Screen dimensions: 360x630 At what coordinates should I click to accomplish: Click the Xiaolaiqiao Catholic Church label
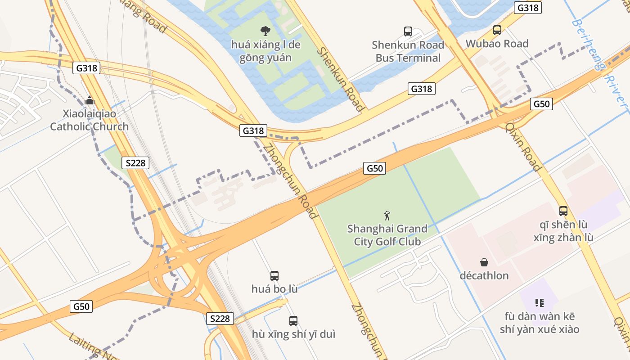89,120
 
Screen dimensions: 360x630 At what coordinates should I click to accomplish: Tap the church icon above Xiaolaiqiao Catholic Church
90,100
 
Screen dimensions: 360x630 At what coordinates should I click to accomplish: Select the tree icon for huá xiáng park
265,31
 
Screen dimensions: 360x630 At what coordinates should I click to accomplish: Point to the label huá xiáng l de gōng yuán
265,51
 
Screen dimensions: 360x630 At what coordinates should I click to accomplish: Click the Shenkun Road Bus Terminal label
408,51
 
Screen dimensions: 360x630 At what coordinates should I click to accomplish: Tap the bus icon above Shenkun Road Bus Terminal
408,31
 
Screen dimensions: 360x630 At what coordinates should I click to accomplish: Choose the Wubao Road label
497,44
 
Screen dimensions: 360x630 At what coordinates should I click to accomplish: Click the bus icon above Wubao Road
497,30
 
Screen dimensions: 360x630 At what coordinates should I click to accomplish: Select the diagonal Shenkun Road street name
340,79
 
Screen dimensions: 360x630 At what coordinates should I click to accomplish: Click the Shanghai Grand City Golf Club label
387,235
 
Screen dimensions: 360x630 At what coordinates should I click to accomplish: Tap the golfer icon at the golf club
387,216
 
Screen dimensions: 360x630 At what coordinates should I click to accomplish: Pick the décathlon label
484,275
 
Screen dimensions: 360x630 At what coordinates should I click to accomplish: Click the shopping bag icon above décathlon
484,262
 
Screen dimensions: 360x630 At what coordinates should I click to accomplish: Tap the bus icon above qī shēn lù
563,211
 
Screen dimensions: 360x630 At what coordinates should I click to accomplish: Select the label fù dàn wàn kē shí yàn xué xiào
539,323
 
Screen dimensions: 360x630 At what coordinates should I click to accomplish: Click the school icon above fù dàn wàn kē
539,303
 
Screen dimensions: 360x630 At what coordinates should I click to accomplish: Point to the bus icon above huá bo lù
274,275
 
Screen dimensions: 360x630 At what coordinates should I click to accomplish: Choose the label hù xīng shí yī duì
293,334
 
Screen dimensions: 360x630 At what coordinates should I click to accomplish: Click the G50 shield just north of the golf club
374,168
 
